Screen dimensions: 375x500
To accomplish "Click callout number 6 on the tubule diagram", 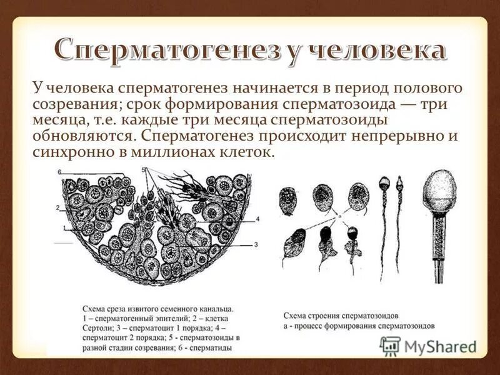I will [59, 171].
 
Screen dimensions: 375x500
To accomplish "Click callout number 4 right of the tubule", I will [257, 219].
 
